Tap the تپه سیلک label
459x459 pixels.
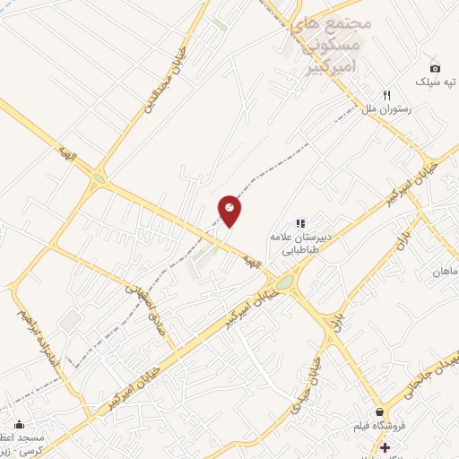click(434, 82)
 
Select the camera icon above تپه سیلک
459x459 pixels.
click(435, 68)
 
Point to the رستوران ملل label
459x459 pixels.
click(385, 108)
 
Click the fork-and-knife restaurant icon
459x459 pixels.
click(387, 94)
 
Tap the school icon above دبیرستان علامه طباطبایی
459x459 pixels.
click(301, 223)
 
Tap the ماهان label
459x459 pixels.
click(446, 271)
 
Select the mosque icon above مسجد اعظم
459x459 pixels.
click(19, 424)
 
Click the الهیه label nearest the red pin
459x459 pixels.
click(252, 261)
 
